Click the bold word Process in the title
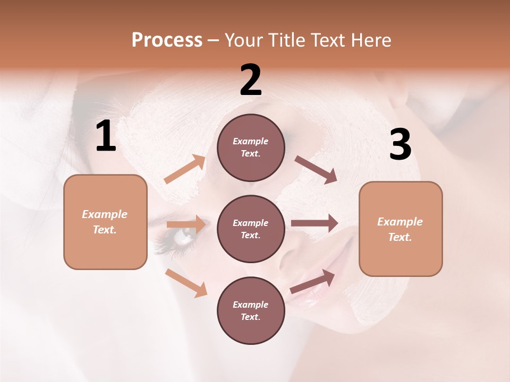[x=167, y=40]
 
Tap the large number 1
[x=106, y=136]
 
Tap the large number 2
[x=251, y=80]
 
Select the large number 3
[x=400, y=145]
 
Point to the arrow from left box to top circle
[x=185, y=169]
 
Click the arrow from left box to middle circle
[x=186, y=224]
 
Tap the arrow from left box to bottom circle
[x=186, y=282]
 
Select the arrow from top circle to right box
[x=316, y=169]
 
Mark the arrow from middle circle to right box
[x=314, y=222]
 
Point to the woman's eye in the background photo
[x=183, y=237]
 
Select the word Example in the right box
[x=400, y=222]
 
